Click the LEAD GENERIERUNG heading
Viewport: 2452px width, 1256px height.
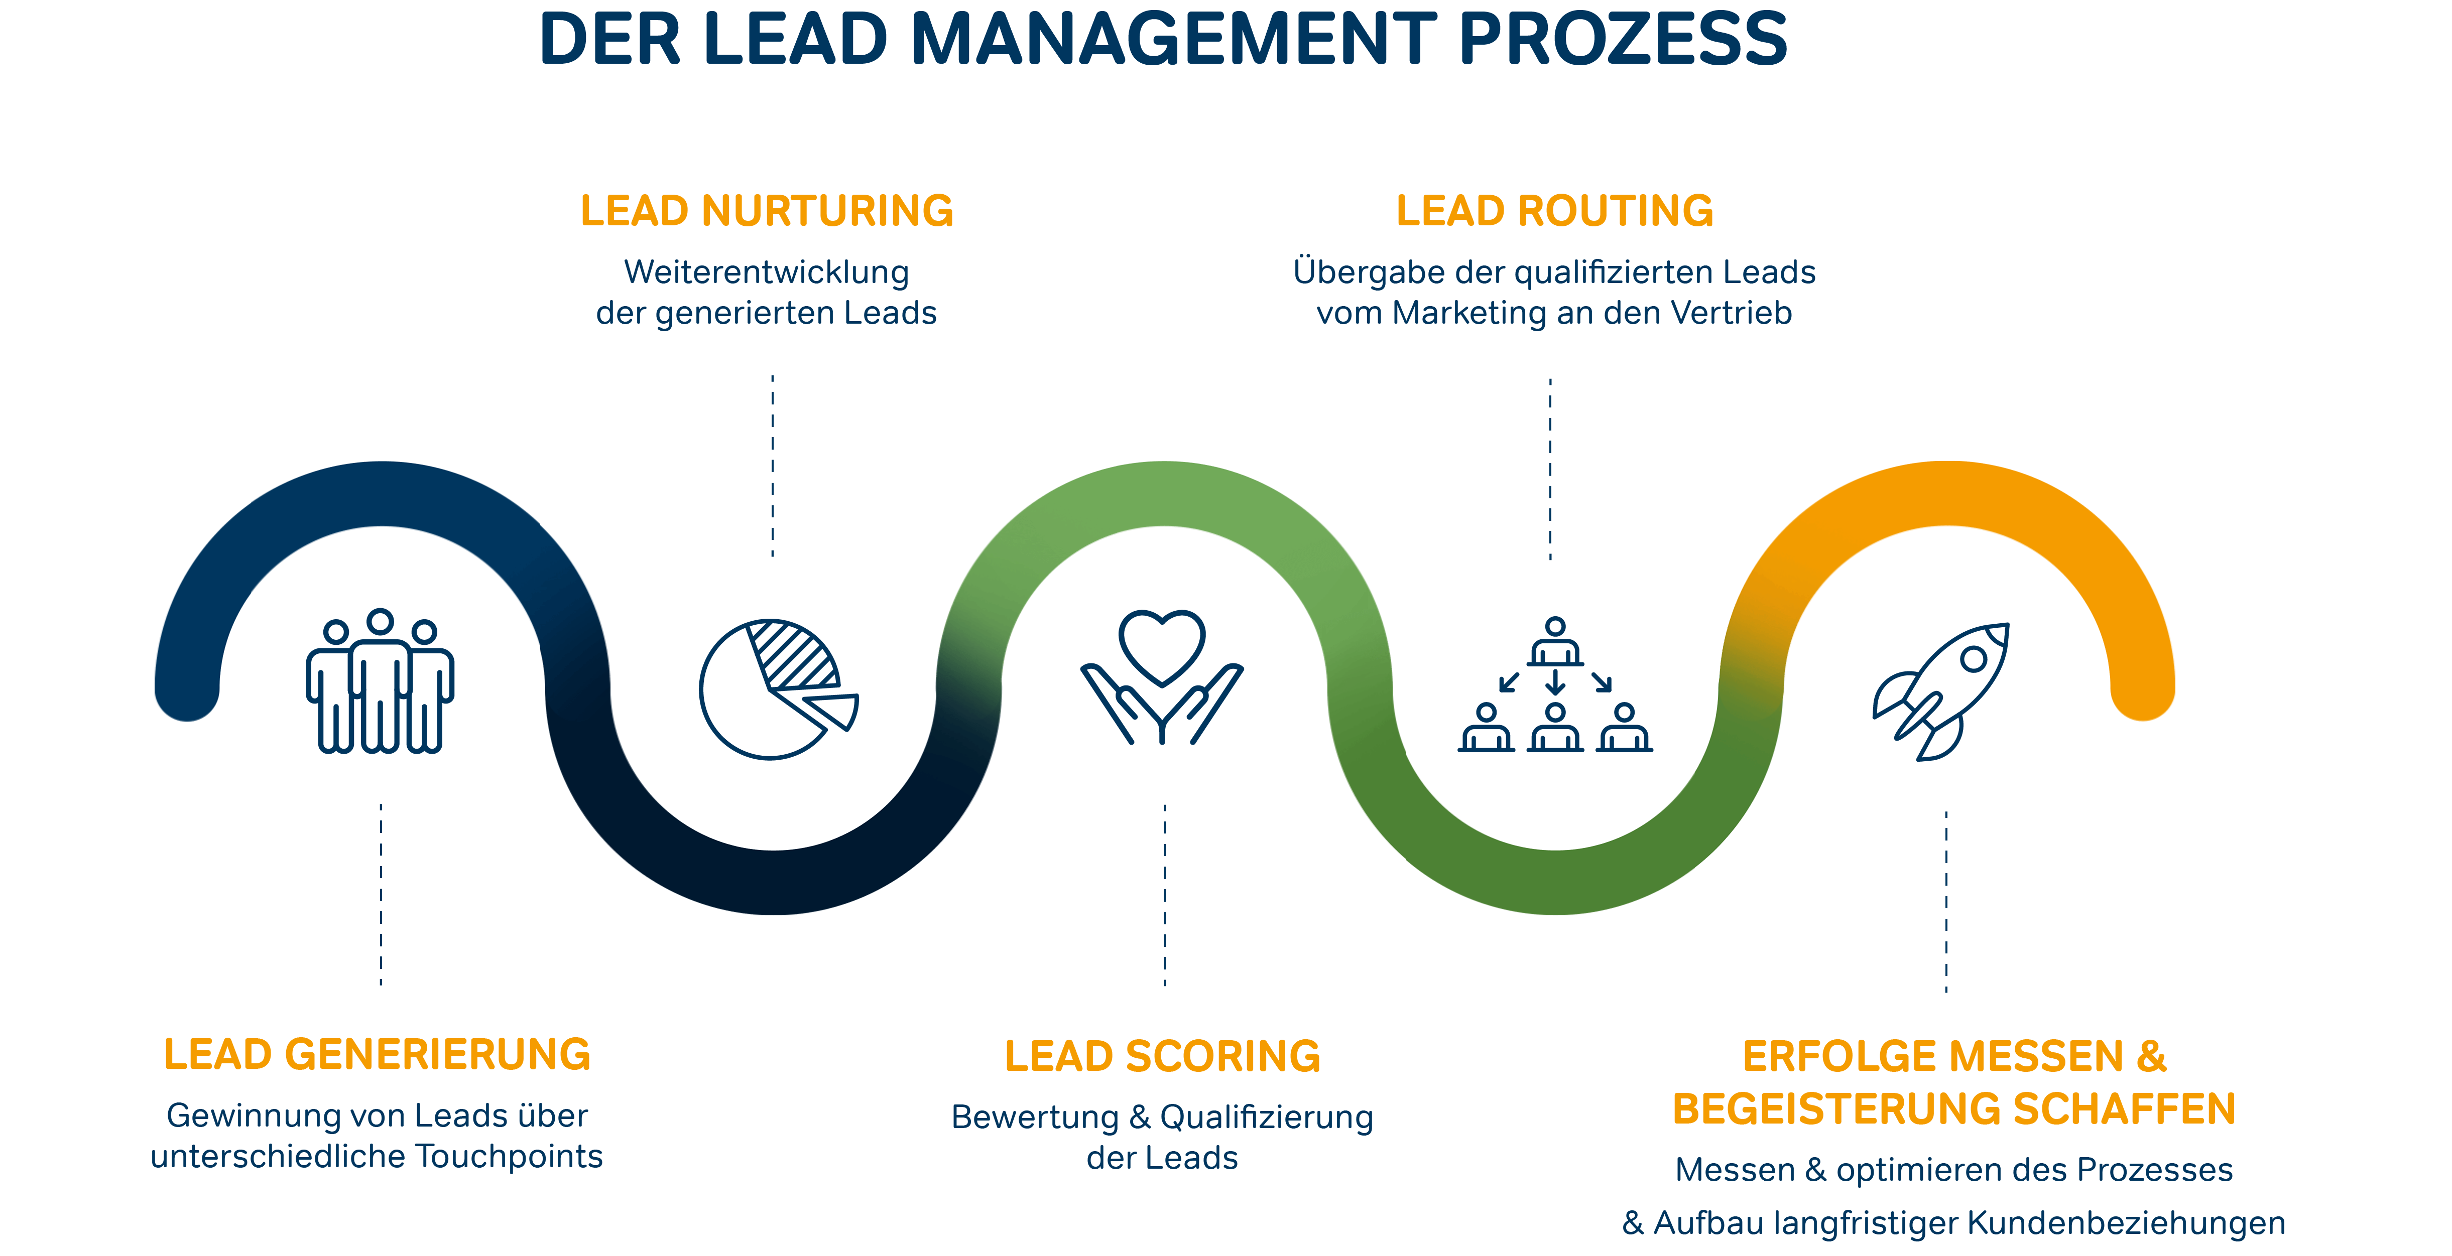(377, 1054)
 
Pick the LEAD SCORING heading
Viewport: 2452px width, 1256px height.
(1162, 1056)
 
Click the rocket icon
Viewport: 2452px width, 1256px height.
(1942, 690)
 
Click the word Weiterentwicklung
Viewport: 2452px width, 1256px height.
(766, 272)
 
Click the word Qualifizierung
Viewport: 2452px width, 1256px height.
(1266, 1117)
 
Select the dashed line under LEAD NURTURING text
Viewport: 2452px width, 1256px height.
(772, 466)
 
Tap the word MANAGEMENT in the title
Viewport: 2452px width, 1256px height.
(1173, 40)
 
